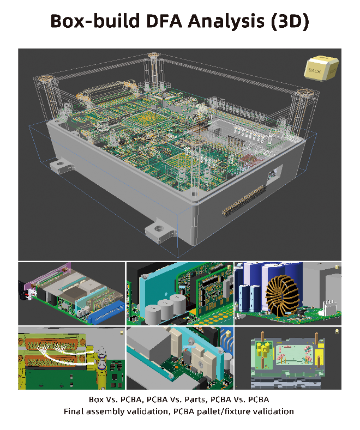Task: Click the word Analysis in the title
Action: pyautogui.click(x=226, y=21)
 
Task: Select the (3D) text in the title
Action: pyautogui.click(x=290, y=21)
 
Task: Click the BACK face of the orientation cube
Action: pyautogui.click(x=314, y=71)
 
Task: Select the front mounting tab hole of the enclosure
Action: pyautogui.click(x=159, y=228)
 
